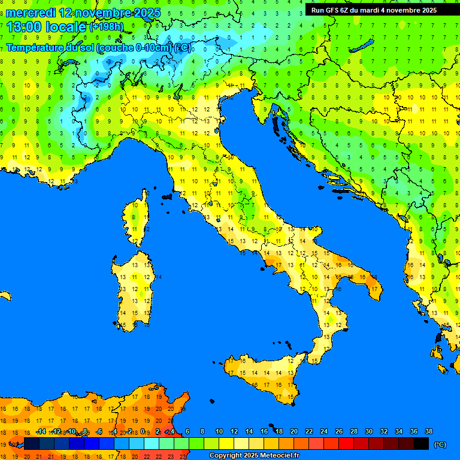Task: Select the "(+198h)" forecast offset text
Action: [107, 27]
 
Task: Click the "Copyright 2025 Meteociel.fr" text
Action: [254, 455]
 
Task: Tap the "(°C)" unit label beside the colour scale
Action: [440, 444]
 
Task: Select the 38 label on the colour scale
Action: [428, 431]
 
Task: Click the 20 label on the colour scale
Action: [293, 431]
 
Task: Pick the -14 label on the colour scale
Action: [40, 431]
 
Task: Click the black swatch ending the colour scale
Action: [421, 444]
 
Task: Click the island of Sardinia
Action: [135, 290]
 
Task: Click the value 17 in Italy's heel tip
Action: [374, 289]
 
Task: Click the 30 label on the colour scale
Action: [368, 431]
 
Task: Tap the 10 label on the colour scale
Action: [219, 431]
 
